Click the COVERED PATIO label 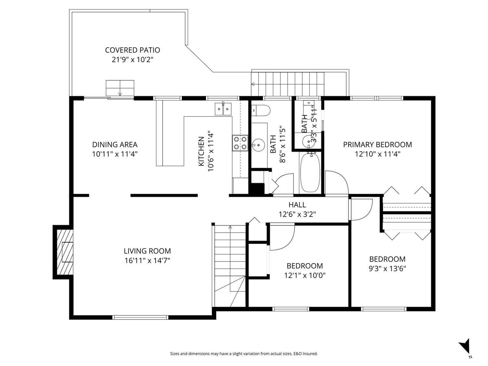click(132, 50)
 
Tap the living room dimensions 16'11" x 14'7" click(147, 261)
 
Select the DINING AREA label click(115, 145)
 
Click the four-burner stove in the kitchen click(240, 143)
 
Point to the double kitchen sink click(223, 109)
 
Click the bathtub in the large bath click(310, 172)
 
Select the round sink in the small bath click(308, 141)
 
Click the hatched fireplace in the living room click(65, 252)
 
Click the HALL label click(297, 205)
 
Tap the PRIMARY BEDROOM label click(377, 145)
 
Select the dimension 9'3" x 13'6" click(387, 269)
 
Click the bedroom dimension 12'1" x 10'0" click(305, 276)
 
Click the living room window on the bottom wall click(140, 317)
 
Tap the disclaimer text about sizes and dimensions click(244, 354)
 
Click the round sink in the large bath click(258, 145)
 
